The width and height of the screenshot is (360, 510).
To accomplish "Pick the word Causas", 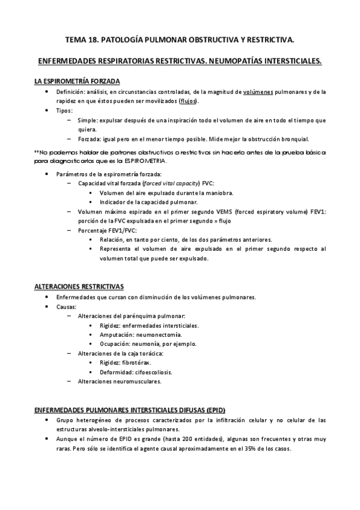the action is point(67,307).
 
